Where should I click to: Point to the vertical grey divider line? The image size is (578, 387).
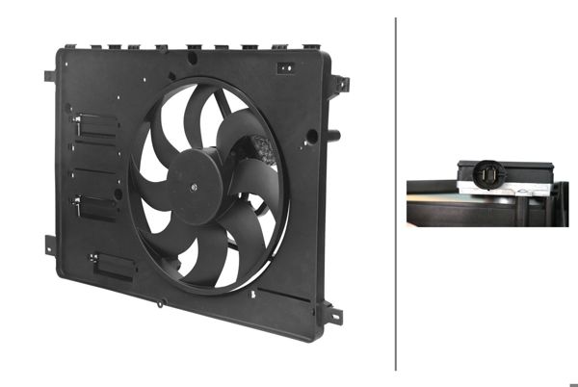(x=396, y=193)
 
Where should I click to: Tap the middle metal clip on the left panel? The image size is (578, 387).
(x=92, y=202)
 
